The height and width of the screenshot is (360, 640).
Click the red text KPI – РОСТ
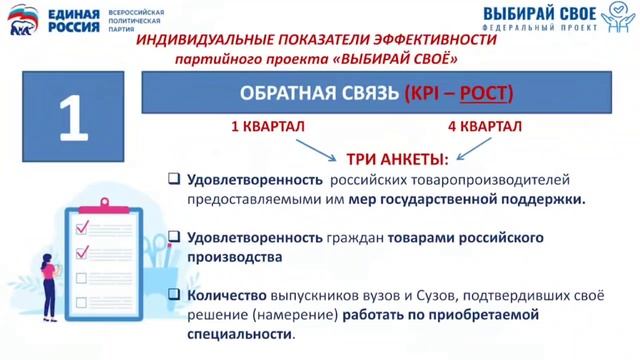pos(458,94)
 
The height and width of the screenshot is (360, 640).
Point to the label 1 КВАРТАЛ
pos(268,127)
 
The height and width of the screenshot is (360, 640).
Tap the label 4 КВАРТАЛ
pos(483,127)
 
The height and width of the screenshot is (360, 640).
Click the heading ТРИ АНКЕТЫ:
pos(398,158)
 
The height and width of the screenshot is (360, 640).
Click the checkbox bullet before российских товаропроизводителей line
pos(173,180)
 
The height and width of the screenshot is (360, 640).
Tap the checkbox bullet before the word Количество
pos(173,295)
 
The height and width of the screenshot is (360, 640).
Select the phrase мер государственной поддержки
pos(467,199)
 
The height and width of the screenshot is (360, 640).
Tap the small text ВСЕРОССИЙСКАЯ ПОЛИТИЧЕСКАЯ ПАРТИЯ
pos(136,20)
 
